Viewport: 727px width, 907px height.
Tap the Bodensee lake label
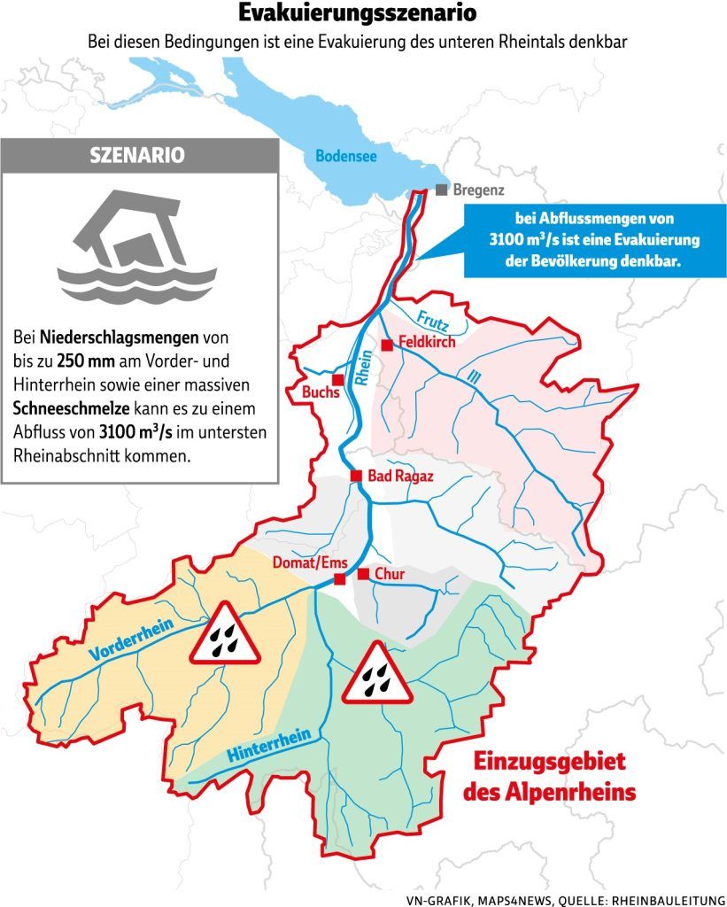(x=346, y=157)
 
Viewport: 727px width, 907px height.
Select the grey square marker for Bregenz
(x=441, y=190)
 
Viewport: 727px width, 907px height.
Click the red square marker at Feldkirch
(x=386, y=345)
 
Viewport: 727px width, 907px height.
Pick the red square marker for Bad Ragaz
(x=356, y=476)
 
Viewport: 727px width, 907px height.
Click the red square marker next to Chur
(x=363, y=574)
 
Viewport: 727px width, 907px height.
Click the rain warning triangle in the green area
(x=376, y=675)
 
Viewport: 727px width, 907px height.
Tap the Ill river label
(x=475, y=378)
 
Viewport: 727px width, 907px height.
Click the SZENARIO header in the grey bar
(x=137, y=155)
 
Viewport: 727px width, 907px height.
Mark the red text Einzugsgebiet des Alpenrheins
(x=550, y=776)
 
